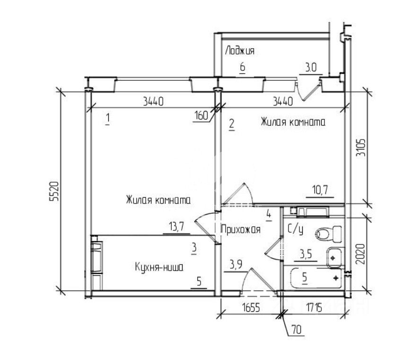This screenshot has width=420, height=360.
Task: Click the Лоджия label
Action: tap(240, 51)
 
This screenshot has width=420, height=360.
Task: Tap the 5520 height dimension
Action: tap(54, 191)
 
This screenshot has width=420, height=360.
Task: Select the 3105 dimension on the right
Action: tap(362, 148)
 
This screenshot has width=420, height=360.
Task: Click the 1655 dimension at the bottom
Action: tap(251, 308)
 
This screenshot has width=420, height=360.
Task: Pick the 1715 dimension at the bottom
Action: tap(314, 308)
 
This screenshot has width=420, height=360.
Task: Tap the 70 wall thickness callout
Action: tap(297, 329)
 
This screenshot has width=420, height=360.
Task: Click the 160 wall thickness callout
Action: tap(201, 116)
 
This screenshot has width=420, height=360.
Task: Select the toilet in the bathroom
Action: tap(329, 234)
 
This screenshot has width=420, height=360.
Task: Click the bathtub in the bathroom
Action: tap(316, 278)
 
